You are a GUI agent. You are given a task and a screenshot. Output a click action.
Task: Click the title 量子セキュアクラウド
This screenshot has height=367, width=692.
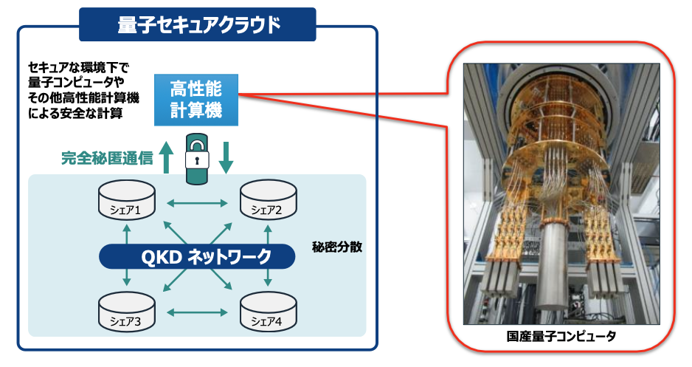(x=198, y=24)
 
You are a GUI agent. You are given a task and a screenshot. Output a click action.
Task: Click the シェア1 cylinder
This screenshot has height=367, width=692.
(x=127, y=202)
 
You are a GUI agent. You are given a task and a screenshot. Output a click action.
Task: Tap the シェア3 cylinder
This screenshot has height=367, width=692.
(x=127, y=314)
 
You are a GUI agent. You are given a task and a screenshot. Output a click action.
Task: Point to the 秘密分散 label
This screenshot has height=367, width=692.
(x=336, y=247)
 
